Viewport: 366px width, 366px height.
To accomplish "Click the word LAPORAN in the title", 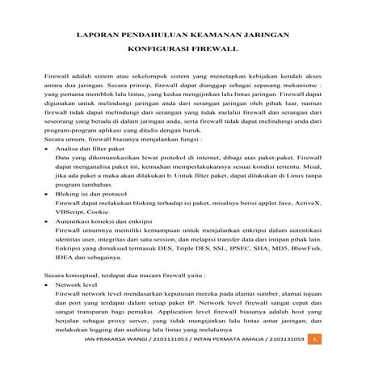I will pos(96,37).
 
